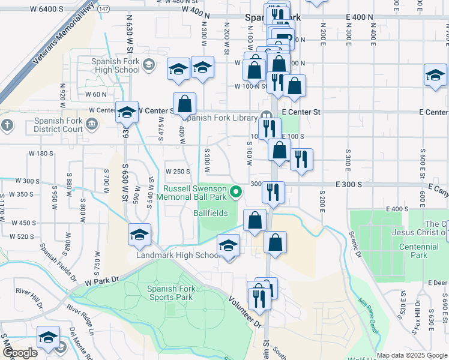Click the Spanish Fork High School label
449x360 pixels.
[x=115, y=65]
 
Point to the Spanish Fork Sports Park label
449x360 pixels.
[x=170, y=293]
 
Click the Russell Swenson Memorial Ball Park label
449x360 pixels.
[x=194, y=192]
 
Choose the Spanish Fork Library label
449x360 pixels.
[x=222, y=117]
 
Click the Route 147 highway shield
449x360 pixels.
[x=104, y=10]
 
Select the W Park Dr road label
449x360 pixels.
[x=103, y=280]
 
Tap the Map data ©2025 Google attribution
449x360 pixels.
[x=412, y=355]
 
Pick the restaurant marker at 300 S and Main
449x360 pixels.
[x=273, y=193]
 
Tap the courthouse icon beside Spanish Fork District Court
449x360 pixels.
[x=92, y=124]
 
